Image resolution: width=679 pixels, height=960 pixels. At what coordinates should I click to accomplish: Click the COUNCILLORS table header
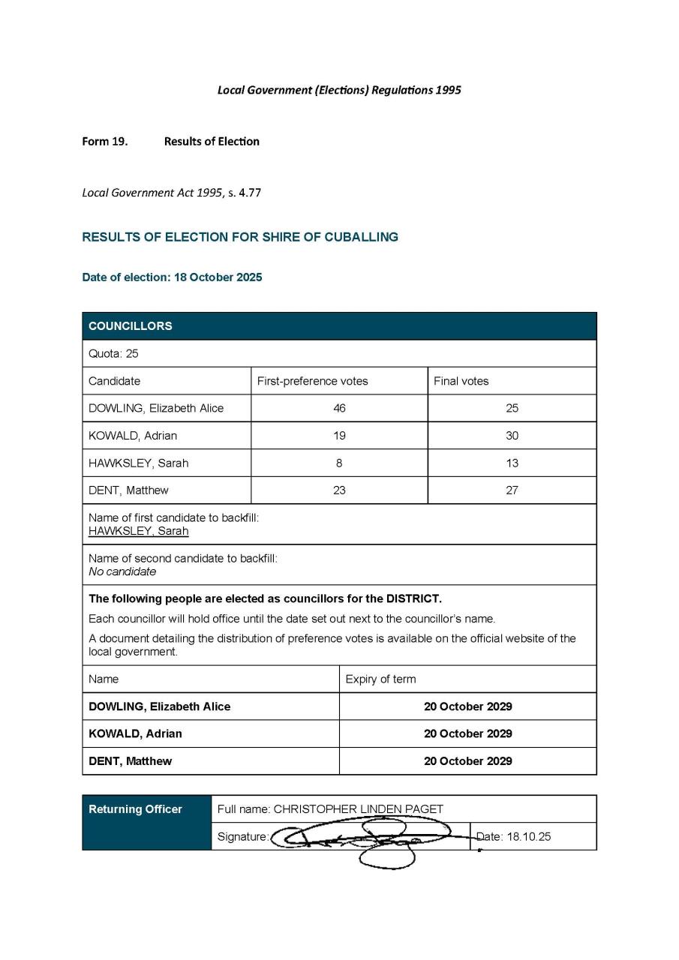tap(131, 326)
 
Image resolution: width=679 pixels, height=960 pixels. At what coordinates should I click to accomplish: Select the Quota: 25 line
tap(114, 354)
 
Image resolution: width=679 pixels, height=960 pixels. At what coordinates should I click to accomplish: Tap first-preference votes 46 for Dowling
tap(339, 409)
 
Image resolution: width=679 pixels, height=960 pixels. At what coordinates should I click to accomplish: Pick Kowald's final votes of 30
tap(512, 436)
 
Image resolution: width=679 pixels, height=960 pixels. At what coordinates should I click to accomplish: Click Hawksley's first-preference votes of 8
tap(339, 463)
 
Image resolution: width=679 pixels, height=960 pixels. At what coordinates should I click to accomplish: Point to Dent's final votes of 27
tap(512, 490)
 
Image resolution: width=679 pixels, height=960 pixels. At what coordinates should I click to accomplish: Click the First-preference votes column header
tap(313, 381)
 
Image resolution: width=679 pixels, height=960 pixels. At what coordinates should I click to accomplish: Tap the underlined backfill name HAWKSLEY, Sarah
tap(139, 531)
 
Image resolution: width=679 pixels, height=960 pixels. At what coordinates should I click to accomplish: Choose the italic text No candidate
tap(122, 571)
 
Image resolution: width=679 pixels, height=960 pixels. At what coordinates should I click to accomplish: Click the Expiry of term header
tap(380, 679)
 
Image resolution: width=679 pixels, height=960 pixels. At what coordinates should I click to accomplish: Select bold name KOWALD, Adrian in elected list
tap(135, 733)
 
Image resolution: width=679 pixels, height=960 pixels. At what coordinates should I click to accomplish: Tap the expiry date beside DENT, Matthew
tap(468, 761)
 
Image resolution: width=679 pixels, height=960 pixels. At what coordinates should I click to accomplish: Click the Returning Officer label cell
tap(136, 809)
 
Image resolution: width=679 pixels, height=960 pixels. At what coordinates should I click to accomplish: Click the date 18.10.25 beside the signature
tap(528, 837)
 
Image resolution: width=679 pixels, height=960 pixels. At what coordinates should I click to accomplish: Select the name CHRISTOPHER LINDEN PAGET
tap(358, 809)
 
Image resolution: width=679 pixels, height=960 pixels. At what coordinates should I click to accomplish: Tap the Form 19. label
tap(104, 141)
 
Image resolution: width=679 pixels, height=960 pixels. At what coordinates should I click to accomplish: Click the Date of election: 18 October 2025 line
tap(172, 277)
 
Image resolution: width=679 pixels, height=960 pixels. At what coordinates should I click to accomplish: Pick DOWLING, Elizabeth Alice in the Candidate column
tap(156, 409)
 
